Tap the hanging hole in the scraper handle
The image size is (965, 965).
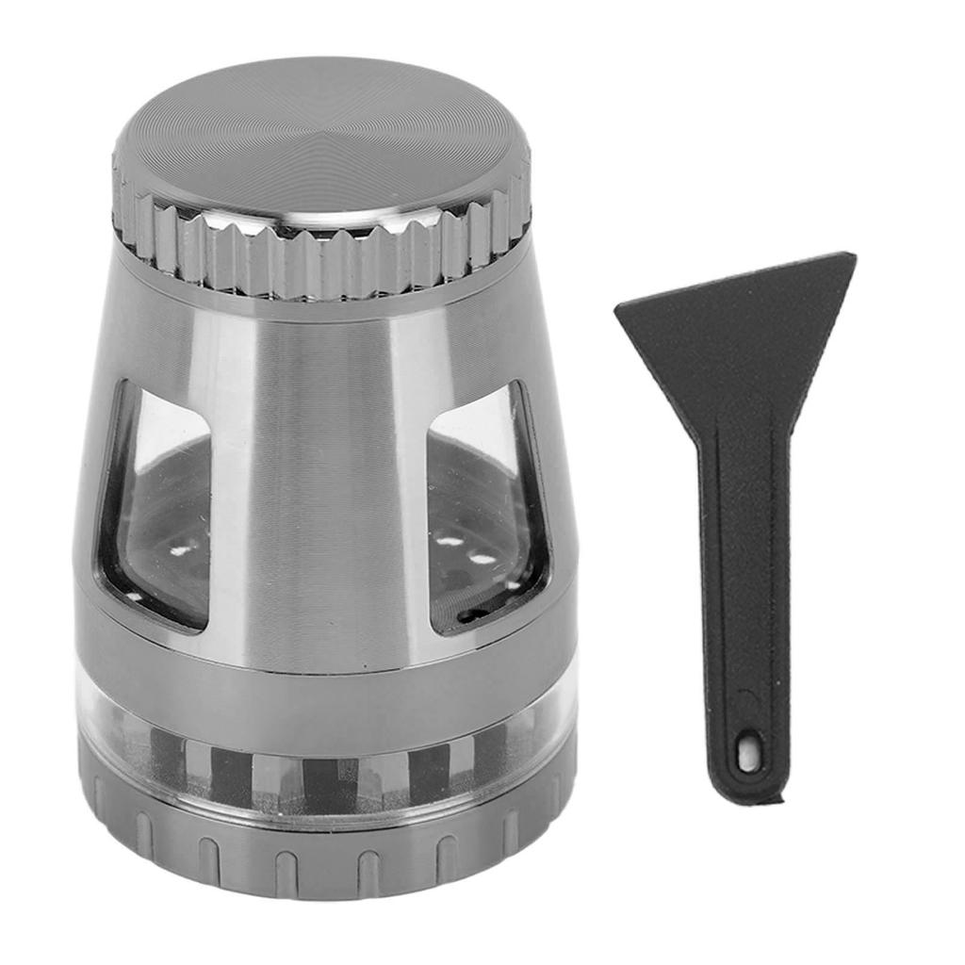[748, 754]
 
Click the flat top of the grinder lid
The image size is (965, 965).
[320, 141]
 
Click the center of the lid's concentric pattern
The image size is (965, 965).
[320, 132]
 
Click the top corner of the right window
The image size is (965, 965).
[514, 386]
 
